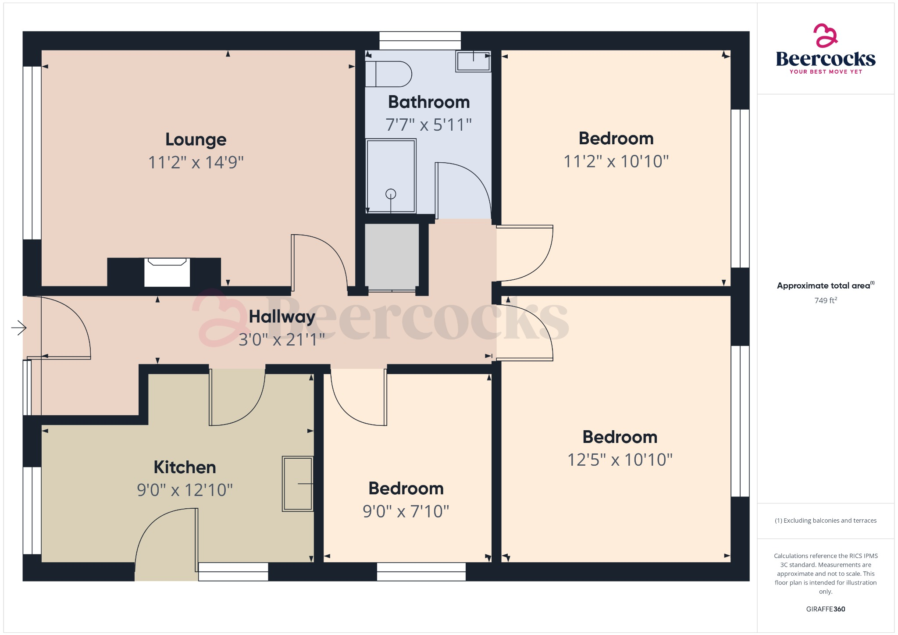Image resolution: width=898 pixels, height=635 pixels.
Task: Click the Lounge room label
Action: click(196, 139)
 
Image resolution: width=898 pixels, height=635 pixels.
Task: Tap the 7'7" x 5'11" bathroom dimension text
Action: click(428, 125)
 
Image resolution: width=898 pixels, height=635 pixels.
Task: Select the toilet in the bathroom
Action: click(388, 74)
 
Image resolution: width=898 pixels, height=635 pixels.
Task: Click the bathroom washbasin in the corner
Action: click(473, 61)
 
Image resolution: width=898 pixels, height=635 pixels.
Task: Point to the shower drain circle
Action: click(391, 194)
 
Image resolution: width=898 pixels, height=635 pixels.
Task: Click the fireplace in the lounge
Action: click(167, 272)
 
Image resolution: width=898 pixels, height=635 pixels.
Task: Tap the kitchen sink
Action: click(298, 484)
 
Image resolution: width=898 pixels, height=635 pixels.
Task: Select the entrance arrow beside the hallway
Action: click(19, 328)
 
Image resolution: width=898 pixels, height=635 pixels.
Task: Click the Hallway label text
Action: click(282, 317)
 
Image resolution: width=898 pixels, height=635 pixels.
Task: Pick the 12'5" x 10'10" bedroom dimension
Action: click(620, 460)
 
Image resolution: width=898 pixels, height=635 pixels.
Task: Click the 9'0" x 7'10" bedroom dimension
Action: click(406, 511)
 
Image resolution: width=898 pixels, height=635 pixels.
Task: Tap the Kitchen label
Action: click(185, 467)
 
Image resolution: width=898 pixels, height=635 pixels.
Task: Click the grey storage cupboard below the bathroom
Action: click(392, 257)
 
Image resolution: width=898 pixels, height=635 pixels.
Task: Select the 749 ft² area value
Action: click(825, 300)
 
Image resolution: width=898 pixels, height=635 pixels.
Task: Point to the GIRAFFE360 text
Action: click(825, 609)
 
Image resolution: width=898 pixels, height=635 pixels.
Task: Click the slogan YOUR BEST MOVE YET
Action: click(825, 71)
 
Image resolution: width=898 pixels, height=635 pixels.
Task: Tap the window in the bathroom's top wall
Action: click(420, 40)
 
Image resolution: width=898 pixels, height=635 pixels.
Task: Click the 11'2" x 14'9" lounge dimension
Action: click(196, 162)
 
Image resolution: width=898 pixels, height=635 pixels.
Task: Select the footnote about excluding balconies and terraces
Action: click(825, 521)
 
